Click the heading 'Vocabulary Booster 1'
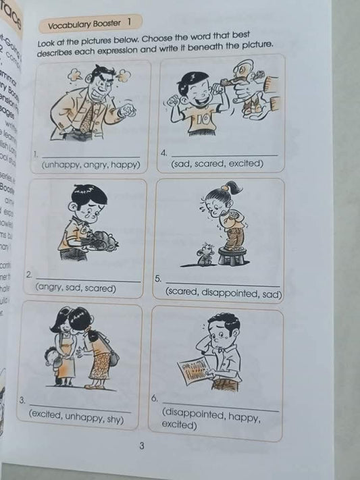[x=88, y=26]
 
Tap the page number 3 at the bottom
[x=141, y=445]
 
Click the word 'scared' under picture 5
[x=183, y=294]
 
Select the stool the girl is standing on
[x=234, y=255]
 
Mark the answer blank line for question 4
[x=223, y=155]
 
